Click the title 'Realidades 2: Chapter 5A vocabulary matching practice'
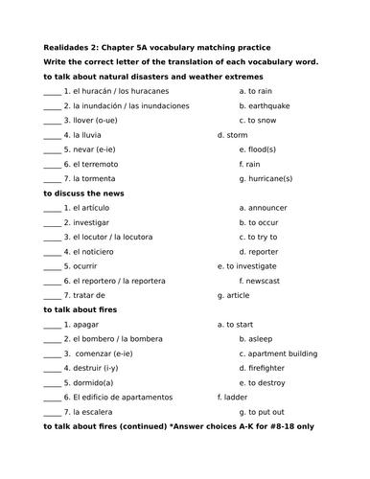click(157, 47)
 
